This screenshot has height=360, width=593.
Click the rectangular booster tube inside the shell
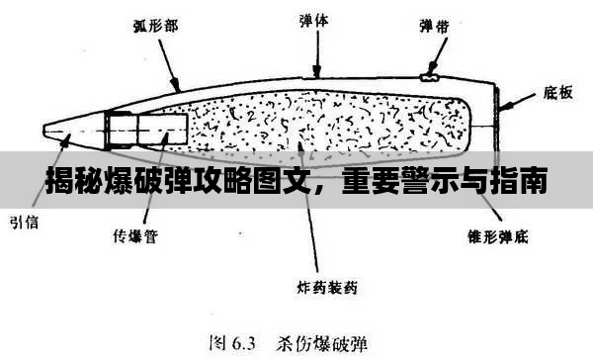[x=148, y=129]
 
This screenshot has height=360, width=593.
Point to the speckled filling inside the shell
[x=326, y=124]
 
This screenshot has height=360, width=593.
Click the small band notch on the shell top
[x=429, y=76]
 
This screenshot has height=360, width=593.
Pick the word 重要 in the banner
[x=367, y=183]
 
